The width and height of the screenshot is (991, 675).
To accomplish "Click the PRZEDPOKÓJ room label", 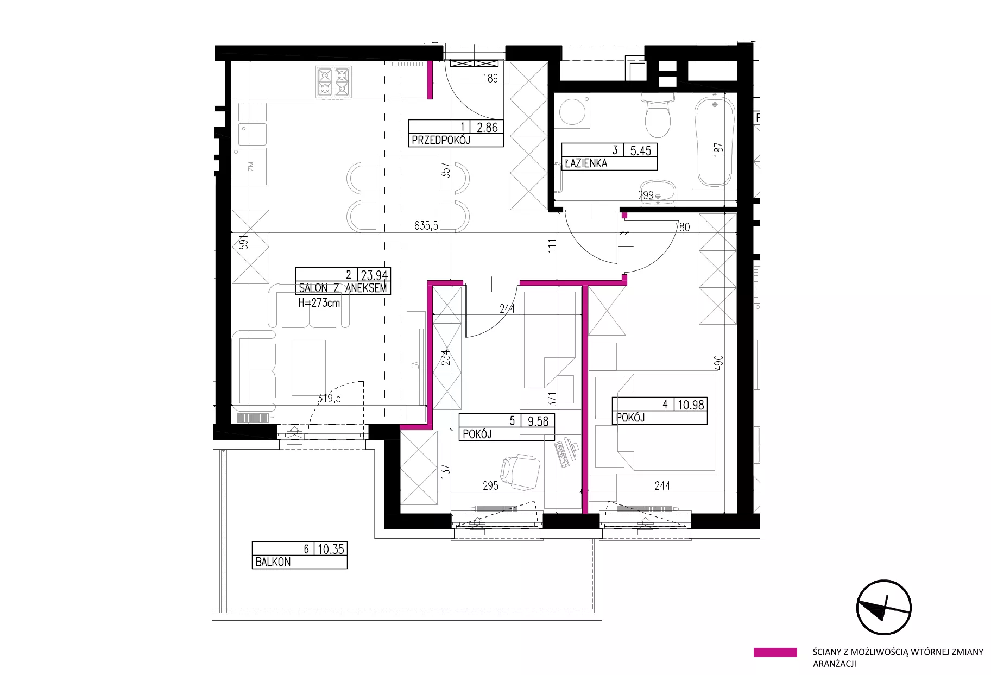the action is [441, 140].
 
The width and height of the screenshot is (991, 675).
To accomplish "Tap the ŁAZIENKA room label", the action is [586, 163].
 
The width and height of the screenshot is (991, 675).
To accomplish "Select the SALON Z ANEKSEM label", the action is [343, 288].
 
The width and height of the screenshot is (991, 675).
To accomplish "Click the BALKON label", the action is [273, 562].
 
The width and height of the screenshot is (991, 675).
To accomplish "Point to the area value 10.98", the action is [691, 405].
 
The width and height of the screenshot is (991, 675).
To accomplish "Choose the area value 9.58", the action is [538, 421].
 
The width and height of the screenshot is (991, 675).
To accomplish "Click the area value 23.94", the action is [375, 275].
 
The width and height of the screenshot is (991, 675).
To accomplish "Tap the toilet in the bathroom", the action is [657, 115].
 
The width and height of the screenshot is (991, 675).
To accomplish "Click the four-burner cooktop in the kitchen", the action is [333, 82].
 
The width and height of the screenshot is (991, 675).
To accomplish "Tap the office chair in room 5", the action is [521, 472].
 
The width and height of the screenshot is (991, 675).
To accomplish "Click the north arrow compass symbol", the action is [883, 607].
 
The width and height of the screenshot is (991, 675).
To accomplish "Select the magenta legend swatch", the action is [775, 652].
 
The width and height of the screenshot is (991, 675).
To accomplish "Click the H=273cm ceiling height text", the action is [319, 303].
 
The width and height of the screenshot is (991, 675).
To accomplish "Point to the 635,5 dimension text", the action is [426, 225].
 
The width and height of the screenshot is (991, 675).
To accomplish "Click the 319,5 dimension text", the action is [329, 398].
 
